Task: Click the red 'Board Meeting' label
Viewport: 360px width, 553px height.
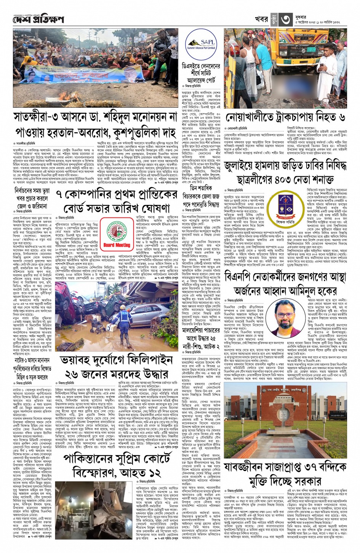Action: pos(117,245)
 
